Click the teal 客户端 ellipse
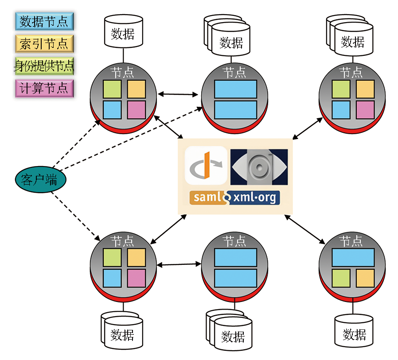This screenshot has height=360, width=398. click(x=39, y=179)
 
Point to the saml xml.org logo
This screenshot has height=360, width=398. click(x=234, y=197)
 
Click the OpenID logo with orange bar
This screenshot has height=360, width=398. click(x=206, y=166)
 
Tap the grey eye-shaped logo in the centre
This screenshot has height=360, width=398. click(x=259, y=166)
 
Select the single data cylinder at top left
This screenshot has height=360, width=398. click(x=123, y=31)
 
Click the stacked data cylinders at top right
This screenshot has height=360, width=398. click(x=352, y=37)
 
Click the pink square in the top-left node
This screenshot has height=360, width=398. click(x=137, y=109)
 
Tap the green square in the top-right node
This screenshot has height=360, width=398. click(x=341, y=89)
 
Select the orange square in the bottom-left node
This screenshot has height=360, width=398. click(x=137, y=258)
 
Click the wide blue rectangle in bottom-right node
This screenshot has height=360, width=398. click(x=353, y=257)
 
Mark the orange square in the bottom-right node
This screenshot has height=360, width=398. click(x=365, y=278)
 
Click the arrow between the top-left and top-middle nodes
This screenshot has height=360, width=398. click(x=178, y=94)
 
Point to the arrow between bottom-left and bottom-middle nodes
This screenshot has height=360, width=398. click(x=179, y=265)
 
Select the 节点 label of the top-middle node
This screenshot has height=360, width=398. click(x=234, y=72)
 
